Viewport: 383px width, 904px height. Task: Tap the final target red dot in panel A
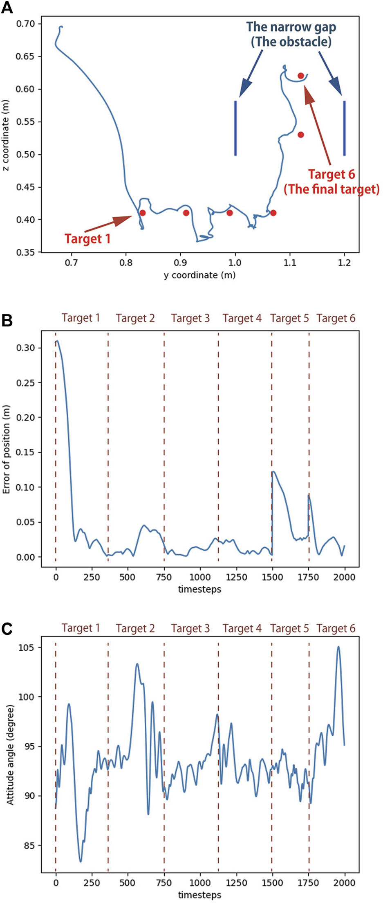[301, 76]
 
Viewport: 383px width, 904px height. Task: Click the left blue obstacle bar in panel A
[235, 128]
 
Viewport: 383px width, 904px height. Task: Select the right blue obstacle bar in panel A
[345, 128]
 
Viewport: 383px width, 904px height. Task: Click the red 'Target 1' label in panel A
[87, 238]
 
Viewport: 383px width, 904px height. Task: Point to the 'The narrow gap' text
[291, 27]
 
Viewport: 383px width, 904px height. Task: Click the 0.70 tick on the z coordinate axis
[28, 24]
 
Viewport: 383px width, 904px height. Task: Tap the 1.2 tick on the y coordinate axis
[344, 262]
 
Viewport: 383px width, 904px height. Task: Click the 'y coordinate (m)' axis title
[199, 275]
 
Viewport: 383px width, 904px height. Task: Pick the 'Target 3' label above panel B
[190, 318]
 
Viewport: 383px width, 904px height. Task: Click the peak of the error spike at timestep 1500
[273, 472]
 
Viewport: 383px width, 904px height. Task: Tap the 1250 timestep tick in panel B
[236, 577]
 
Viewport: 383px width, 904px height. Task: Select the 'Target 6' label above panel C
[336, 628]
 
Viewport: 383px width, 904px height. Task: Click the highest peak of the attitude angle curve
[338, 647]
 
